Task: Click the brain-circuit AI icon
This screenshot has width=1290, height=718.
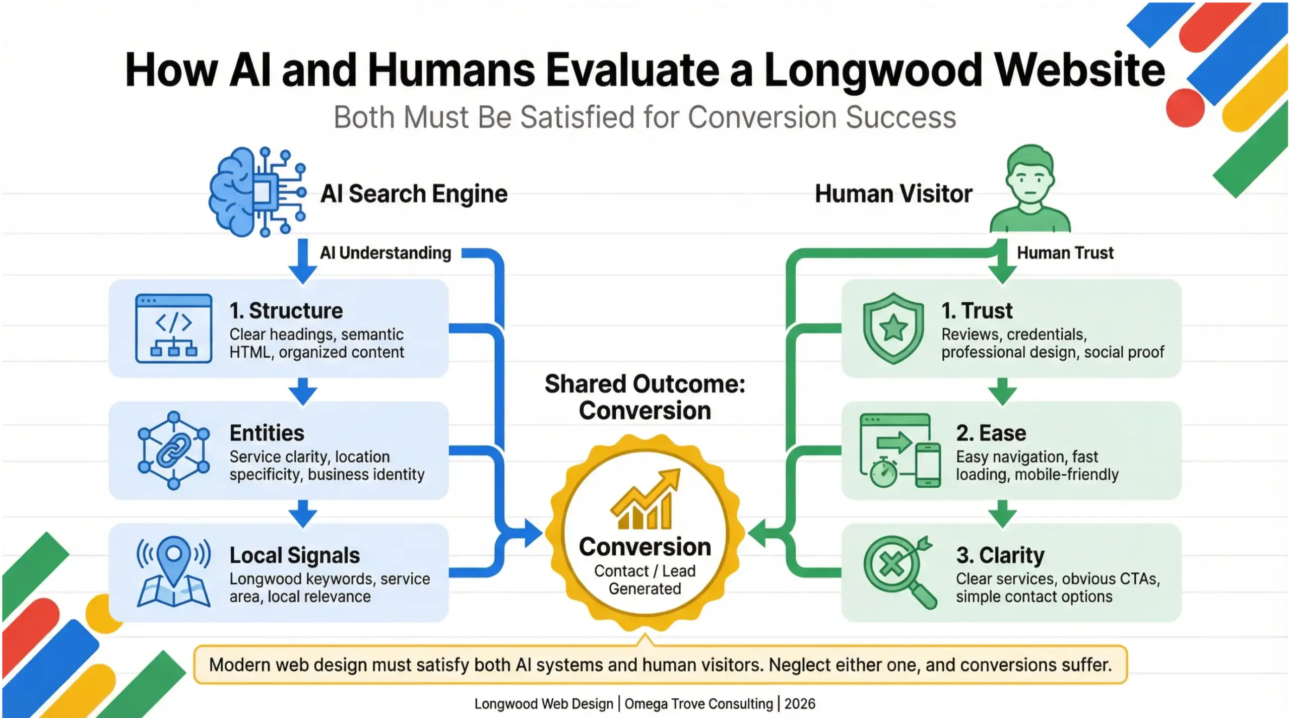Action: (257, 192)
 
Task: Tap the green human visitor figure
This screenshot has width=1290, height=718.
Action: (1030, 189)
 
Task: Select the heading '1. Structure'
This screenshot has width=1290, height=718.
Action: (286, 310)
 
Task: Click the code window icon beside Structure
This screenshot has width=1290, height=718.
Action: (173, 329)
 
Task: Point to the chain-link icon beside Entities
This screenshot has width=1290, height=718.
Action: (173, 450)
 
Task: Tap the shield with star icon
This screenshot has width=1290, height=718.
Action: (893, 329)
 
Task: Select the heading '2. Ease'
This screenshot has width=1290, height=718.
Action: (991, 433)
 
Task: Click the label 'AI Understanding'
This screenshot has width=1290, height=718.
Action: (385, 252)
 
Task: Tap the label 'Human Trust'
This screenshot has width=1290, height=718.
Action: (1065, 252)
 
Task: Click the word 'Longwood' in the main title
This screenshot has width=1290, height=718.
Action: (873, 70)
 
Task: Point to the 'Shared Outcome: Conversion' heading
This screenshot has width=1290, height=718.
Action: (645, 397)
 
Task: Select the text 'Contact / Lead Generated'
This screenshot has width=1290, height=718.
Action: (645, 579)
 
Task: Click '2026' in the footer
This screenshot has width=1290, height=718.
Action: (800, 703)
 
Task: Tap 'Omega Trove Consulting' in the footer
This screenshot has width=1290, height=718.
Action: (698, 703)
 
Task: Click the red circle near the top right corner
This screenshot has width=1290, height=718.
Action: (1185, 108)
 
